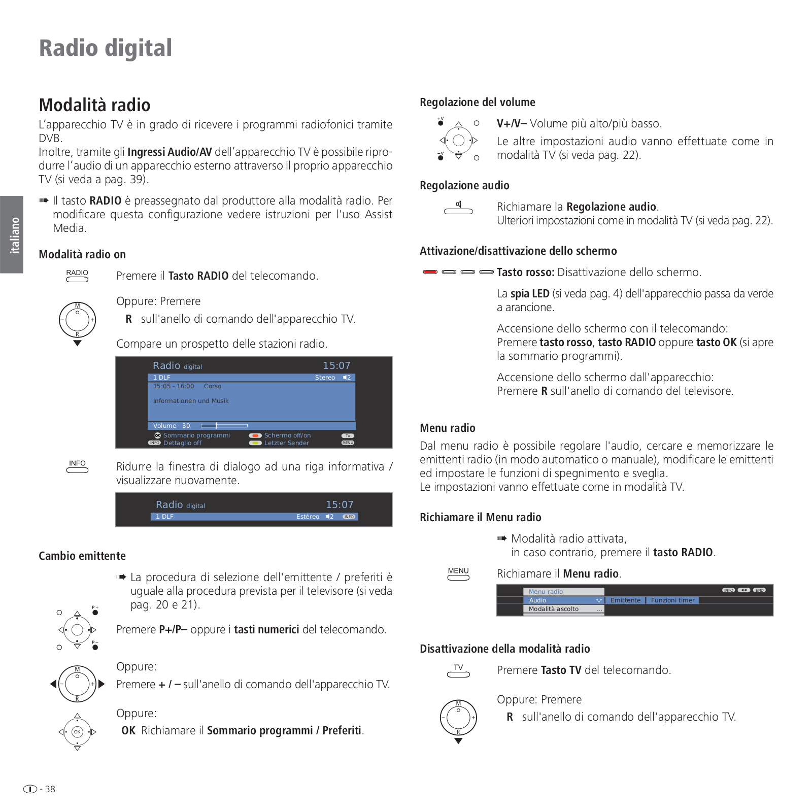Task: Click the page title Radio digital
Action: coord(106,48)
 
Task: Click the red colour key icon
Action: coord(430,272)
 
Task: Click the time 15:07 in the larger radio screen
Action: coord(336,365)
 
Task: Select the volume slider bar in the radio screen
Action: coord(224,426)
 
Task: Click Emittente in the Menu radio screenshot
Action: coord(625,600)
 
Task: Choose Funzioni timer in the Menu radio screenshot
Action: coord(672,600)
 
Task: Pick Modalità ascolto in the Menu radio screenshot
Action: coord(553,609)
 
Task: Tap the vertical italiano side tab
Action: coord(14,234)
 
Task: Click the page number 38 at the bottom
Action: coord(50,789)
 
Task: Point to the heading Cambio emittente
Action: coord(82,556)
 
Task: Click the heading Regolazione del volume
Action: coord(477,102)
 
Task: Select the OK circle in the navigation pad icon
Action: coord(77,732)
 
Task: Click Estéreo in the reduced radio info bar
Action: coord(308,517)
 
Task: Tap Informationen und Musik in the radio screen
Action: coord(191,401)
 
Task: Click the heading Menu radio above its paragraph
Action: coord(447,428)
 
